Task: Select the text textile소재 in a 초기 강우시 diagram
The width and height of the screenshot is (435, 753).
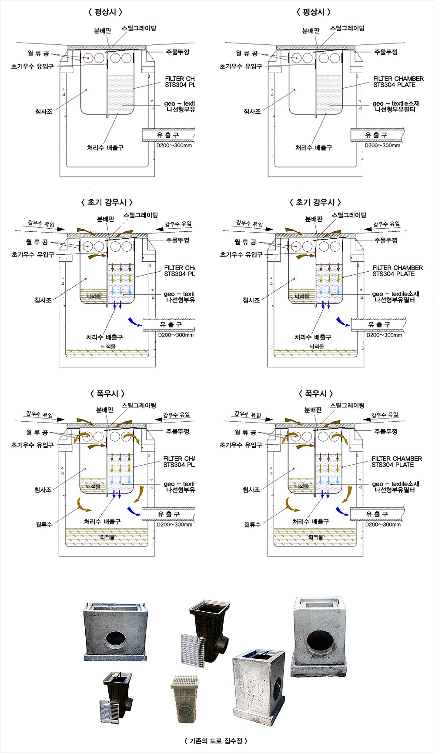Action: (x=405, y=294)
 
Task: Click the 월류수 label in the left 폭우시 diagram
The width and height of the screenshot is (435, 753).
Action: (x=44, y=524)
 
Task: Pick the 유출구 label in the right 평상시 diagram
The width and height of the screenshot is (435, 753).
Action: (x=376, y=135)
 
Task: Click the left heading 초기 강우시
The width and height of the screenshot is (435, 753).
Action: (x=107, y=202)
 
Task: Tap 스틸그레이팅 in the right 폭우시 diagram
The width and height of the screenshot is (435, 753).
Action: (x=347, y=405)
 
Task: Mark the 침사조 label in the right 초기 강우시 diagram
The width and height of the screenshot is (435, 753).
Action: (x=251, y=300)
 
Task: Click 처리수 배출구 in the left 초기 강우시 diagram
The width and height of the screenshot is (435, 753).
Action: (x=104, y=337)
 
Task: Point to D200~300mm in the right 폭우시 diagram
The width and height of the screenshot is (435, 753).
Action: (x=383, y=525)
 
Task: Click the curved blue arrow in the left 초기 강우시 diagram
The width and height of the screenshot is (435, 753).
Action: (x=134, y=322)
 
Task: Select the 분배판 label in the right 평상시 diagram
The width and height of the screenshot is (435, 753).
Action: (x=311, y=30)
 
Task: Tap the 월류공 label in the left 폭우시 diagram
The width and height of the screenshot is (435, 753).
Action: (x=37, y=432)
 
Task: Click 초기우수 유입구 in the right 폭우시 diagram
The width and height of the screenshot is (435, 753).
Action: (x=241, y=445)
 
